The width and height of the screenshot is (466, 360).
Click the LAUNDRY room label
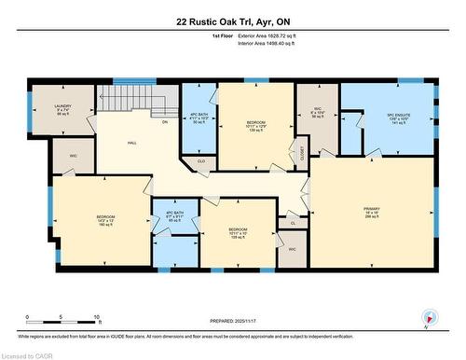click(x=62, y=111)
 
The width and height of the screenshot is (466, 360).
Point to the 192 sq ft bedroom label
click(x=104, y=220)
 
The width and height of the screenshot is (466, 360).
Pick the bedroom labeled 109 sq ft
click(x=239, y=233)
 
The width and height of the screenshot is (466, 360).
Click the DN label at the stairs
click(x=165, y=122)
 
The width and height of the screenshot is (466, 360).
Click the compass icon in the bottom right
click(x=428, y=316)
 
